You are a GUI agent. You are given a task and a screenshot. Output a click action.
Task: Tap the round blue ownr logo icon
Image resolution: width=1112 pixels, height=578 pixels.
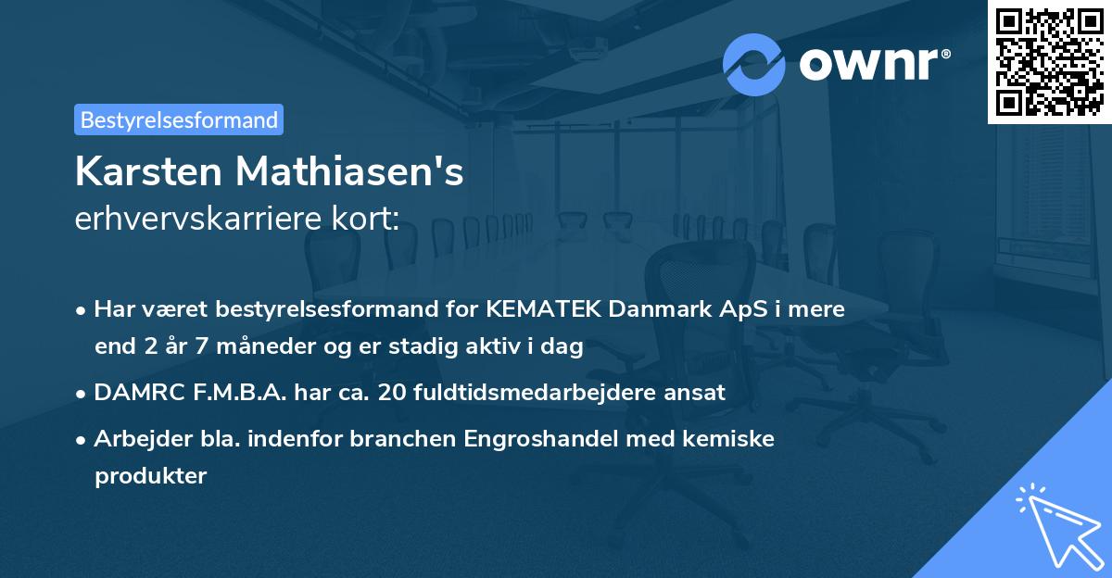click(x=754, y=64)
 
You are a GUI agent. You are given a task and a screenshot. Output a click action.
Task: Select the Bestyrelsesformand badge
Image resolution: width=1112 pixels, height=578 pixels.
click(x=179, y=119)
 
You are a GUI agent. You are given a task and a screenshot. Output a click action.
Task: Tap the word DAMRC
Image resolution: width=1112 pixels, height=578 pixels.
click(x=135, y=393)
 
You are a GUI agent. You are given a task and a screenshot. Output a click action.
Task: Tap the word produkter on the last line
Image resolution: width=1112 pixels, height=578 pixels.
click(x=150, y=476)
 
